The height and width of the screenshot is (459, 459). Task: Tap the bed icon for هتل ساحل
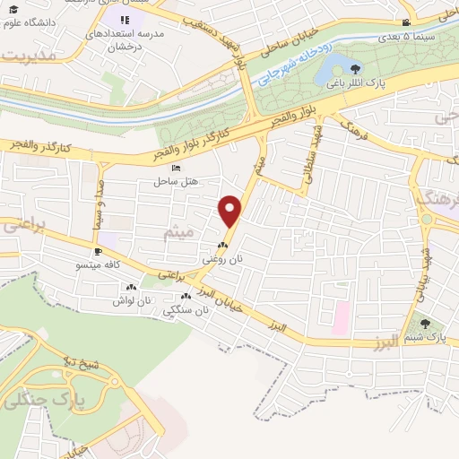pos(176,169)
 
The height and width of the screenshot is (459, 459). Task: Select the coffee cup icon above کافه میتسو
pos(99,252)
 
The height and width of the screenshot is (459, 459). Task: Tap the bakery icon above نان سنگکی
pos(186,297)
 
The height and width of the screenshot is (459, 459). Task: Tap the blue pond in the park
pos(333,65)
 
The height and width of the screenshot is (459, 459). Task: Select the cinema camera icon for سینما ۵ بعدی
pos(406,22)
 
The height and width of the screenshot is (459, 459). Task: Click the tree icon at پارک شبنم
pos(425,324)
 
